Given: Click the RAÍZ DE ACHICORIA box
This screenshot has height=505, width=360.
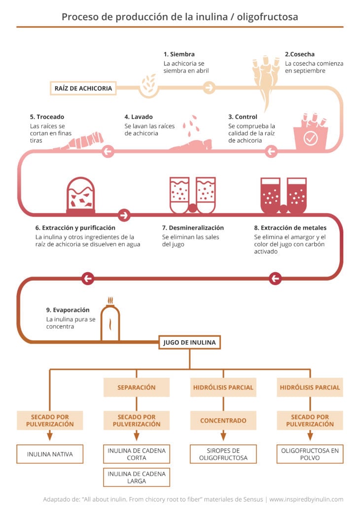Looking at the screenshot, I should (83, 89).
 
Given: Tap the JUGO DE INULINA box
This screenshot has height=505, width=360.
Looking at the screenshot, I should (189, 342).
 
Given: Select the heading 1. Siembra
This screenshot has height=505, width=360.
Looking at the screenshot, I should (179, 54).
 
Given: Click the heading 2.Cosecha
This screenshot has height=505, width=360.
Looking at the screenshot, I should (300, 54).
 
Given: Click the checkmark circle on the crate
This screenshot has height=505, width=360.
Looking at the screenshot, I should (310, 139).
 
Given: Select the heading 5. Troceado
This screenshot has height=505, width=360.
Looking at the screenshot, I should (47, 117).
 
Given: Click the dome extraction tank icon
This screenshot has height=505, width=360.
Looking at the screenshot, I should (80, 196).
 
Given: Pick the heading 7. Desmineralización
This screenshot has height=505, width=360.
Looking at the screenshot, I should (193, 228).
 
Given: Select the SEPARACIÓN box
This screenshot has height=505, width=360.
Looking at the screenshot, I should (136, 387).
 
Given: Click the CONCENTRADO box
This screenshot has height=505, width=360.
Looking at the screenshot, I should (223, 421).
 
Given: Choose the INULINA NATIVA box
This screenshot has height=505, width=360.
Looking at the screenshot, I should (49, 454).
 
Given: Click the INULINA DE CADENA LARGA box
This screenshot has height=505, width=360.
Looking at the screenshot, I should (136, 477).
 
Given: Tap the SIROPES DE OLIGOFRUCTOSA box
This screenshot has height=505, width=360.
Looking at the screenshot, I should (223, 454).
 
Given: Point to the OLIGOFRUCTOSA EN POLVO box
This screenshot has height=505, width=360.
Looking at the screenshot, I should (310, 454).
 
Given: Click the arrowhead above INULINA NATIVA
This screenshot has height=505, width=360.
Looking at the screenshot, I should (49, 436).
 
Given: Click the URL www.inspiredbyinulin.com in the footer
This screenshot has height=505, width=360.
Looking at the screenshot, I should (306, 499).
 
